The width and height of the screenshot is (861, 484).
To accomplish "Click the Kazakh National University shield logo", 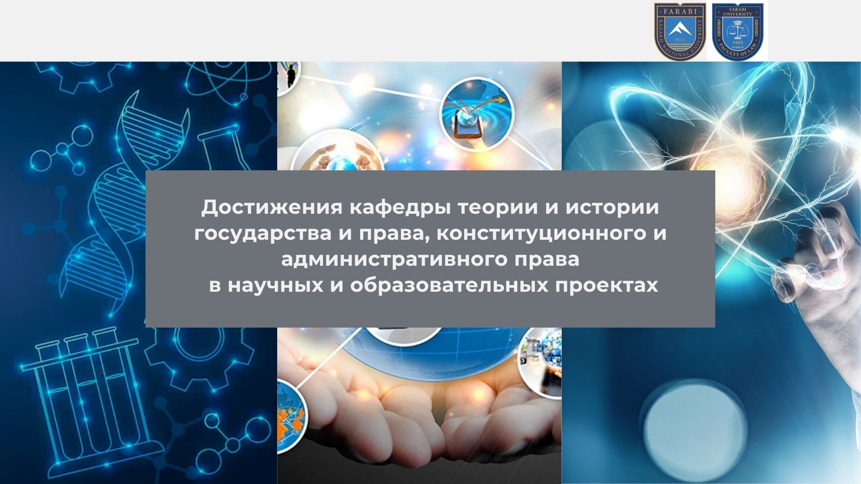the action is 680,31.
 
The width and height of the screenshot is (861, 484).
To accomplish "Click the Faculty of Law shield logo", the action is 737,31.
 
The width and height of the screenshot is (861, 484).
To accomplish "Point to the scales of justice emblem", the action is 737,30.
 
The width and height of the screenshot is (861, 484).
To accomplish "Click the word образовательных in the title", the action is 449,285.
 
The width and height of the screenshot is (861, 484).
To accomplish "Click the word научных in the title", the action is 275,285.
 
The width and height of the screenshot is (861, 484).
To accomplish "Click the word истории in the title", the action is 612,208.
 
